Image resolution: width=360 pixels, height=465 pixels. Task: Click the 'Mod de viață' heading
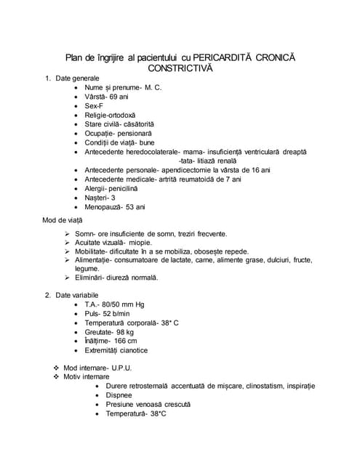point(63,220)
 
